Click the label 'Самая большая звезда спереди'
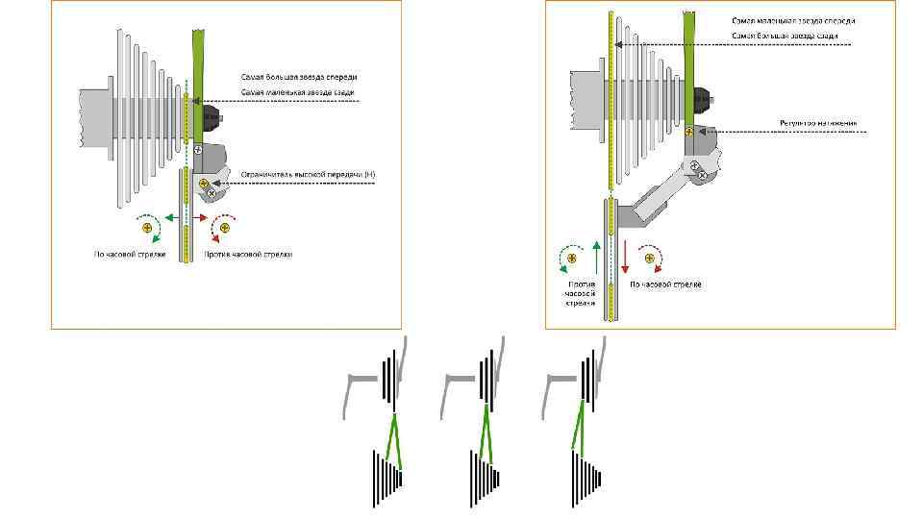pyautogui.click(x=299, y=77)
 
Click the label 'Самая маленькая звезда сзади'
pyautogui.click(x=298, y=91)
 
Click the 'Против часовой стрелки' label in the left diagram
pyautogui.click(x=247, y=255)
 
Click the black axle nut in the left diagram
pyautogui.click(x=212, y=119)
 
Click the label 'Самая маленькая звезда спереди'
pyautogui.click(x=793, y=20)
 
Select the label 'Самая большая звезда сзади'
pyautogui.click(x=785, y=36)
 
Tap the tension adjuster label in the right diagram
pyautogui.click(x=818, y=124)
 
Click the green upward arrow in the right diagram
pyautogui.click(x=597, y=257)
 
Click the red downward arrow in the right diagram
pyautogui.click(x=626, y=257)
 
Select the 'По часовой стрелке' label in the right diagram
pyautogui.click(x=665, y=285)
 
